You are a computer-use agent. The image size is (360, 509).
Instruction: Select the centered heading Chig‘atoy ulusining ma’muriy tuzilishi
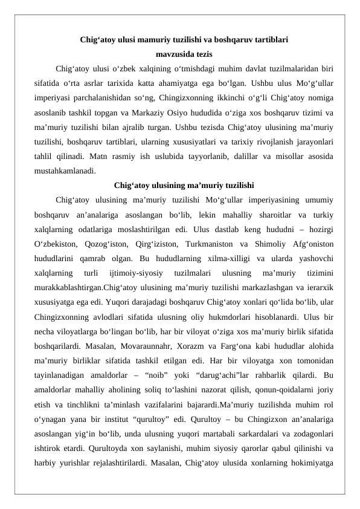tap(184, 184)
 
